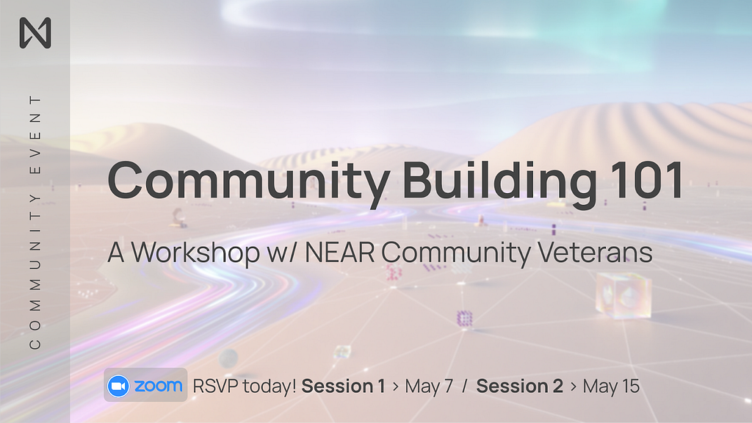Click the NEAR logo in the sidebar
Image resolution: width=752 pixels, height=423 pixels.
[x=35, y=32]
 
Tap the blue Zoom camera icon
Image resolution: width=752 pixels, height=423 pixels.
[x=118, y=386]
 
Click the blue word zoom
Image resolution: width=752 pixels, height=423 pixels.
[x=159, y=386]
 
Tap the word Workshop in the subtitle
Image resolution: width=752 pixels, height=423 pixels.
[x=195, y=253]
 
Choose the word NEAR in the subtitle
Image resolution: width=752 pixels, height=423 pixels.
[x=339, y=252]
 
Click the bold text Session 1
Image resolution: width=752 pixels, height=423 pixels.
[x=344, y=386]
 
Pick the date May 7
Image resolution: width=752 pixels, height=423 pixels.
[x=429, y=386]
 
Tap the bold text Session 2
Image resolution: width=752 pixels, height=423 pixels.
[x=520, y=386]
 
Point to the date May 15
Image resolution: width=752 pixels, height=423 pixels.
[x=612, y=386]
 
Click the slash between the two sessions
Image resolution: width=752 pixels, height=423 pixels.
[x=465, y=386]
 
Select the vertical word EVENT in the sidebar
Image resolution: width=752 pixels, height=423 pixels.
[x=35, y=135]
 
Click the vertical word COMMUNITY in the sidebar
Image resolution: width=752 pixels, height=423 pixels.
[x=35, y=272]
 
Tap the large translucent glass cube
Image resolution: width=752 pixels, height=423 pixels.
[x=623, y=295]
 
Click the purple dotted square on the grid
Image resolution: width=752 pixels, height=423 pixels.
[x=464, y=319]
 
